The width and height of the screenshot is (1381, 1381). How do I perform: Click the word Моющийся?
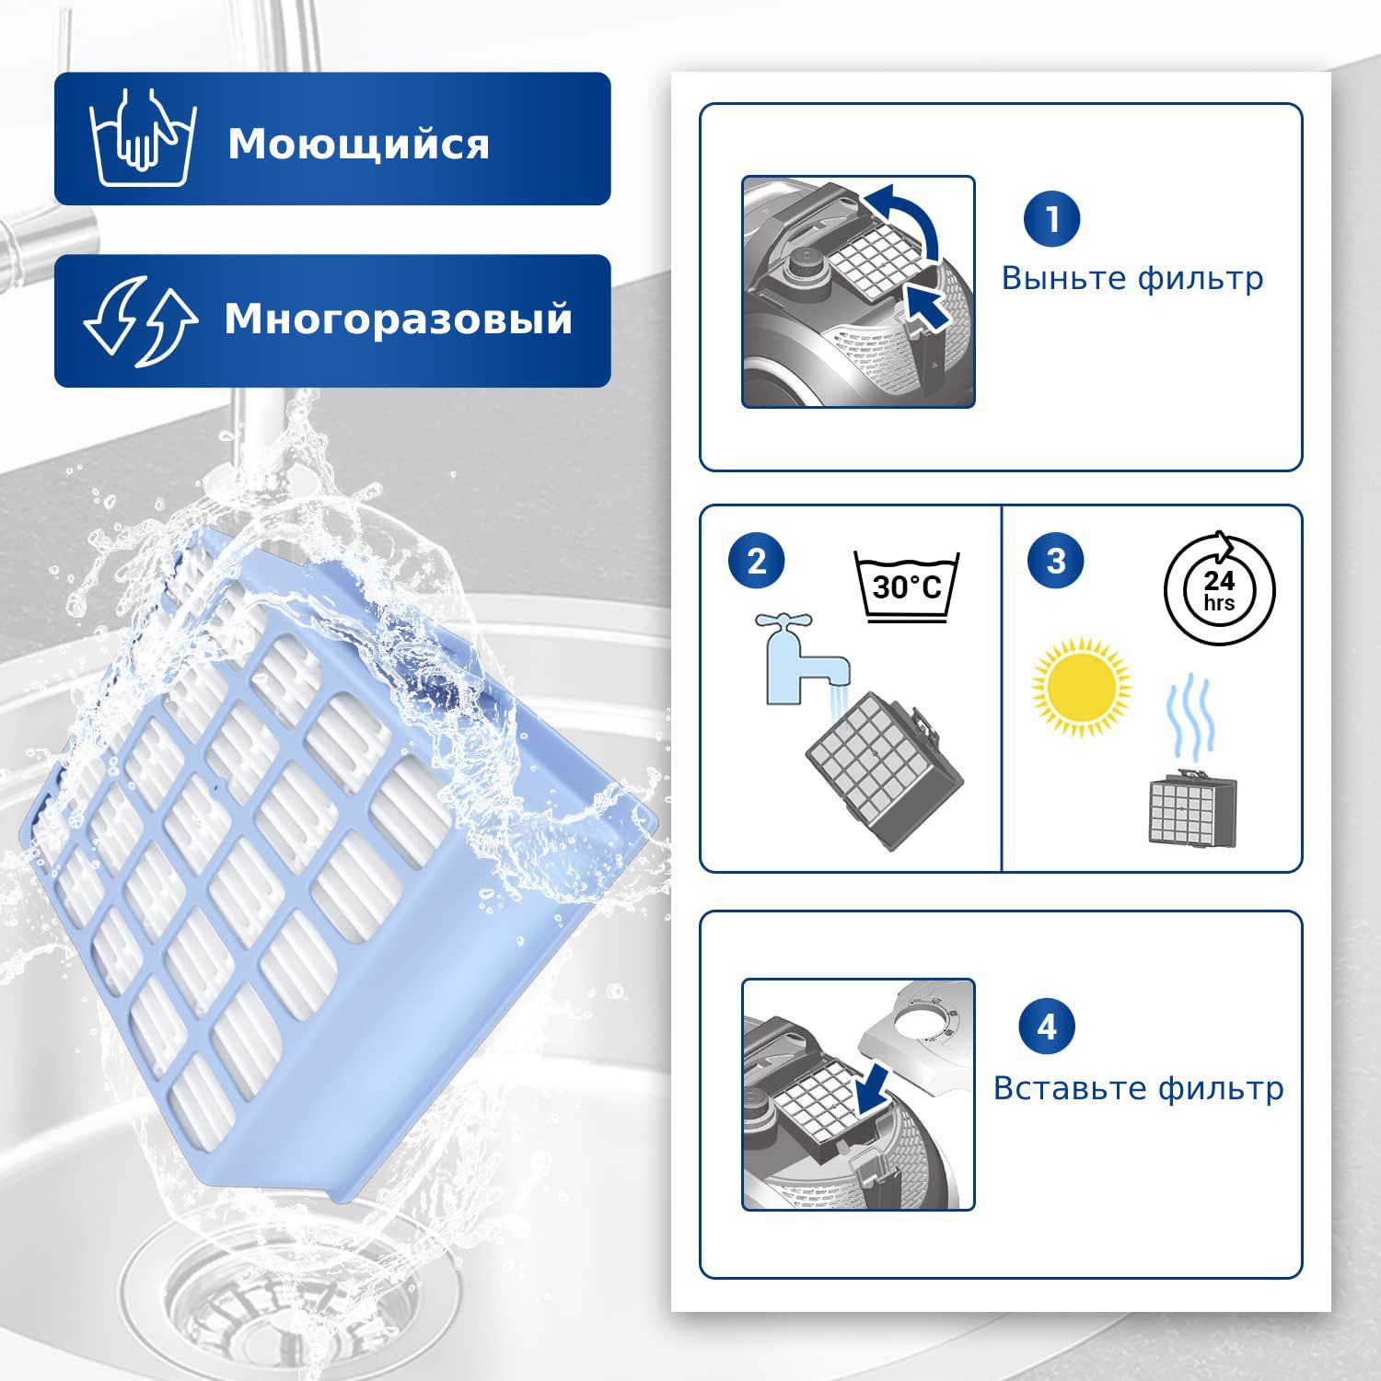coord(358,145)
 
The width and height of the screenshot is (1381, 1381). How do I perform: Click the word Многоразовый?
coord(398,319)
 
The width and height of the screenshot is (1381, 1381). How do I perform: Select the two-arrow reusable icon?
coord(140,320)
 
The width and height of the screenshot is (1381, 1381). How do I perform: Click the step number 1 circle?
coord(1051,219)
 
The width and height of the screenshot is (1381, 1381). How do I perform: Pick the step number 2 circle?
coord(757,561)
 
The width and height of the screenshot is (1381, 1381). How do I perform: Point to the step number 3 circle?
coord(1056,560)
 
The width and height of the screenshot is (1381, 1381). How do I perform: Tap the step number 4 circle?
coord(1047,1026)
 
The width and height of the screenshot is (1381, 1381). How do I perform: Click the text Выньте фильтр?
coord(1132,278)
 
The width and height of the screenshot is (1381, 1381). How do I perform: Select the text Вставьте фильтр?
coord(1138,1088)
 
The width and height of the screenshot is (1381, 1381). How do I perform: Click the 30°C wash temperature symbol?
coord(907,587)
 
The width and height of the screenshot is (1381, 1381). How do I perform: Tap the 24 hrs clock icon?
coord(1220,588)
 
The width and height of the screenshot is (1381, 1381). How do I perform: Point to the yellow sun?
coord(1081,687)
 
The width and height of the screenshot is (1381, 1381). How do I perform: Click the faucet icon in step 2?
coord(803,659)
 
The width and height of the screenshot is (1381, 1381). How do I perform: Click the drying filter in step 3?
coord(1192,807)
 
